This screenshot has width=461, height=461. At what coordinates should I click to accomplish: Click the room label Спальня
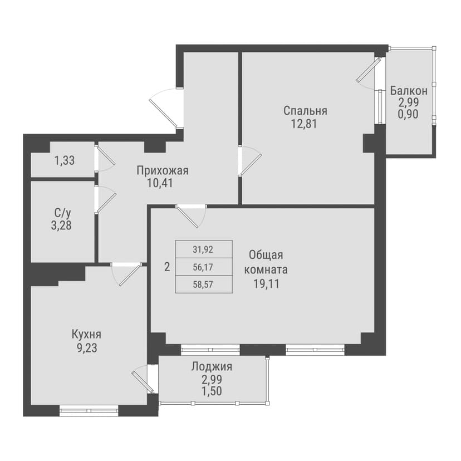305,110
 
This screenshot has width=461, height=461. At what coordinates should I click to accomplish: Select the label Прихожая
163,170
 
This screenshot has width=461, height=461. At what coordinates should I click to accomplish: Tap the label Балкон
409,90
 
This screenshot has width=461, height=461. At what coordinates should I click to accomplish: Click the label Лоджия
212,366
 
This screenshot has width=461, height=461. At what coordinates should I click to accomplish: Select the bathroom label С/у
62,213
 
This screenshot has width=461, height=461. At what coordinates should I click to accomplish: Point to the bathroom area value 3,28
62,225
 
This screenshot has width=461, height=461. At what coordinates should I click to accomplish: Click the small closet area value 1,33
65,161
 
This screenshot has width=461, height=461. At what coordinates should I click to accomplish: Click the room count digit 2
166,267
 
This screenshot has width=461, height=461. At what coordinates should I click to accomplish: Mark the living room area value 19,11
266,283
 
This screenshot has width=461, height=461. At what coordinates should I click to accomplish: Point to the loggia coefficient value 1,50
212,390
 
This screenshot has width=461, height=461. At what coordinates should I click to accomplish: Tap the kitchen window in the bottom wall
89,411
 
